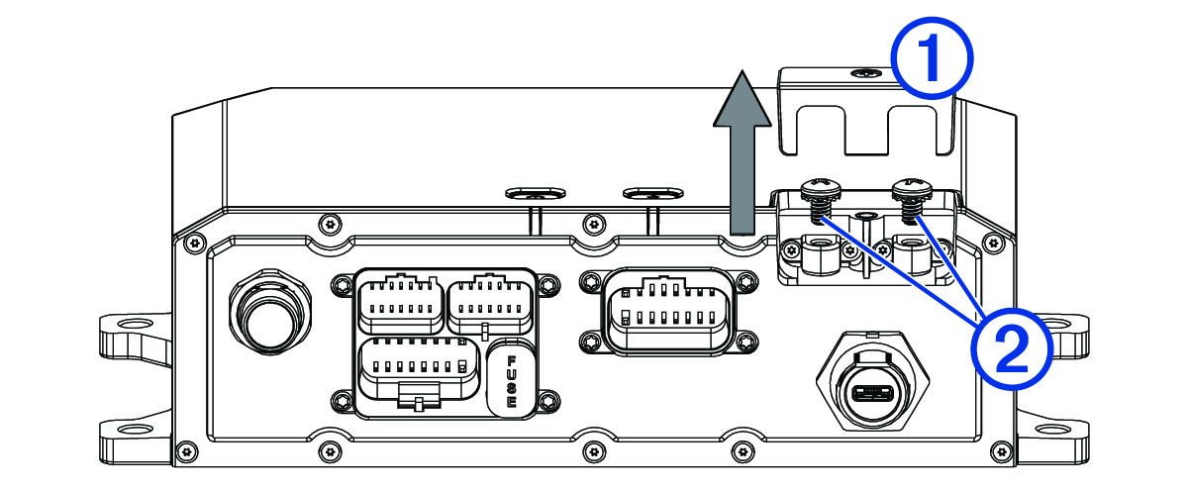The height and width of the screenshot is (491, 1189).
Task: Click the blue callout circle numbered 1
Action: [x=930, y=60]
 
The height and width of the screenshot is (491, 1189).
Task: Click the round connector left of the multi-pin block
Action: [x=265, y=314]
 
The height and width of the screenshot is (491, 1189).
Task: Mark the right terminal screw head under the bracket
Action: [x=910, y=187]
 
